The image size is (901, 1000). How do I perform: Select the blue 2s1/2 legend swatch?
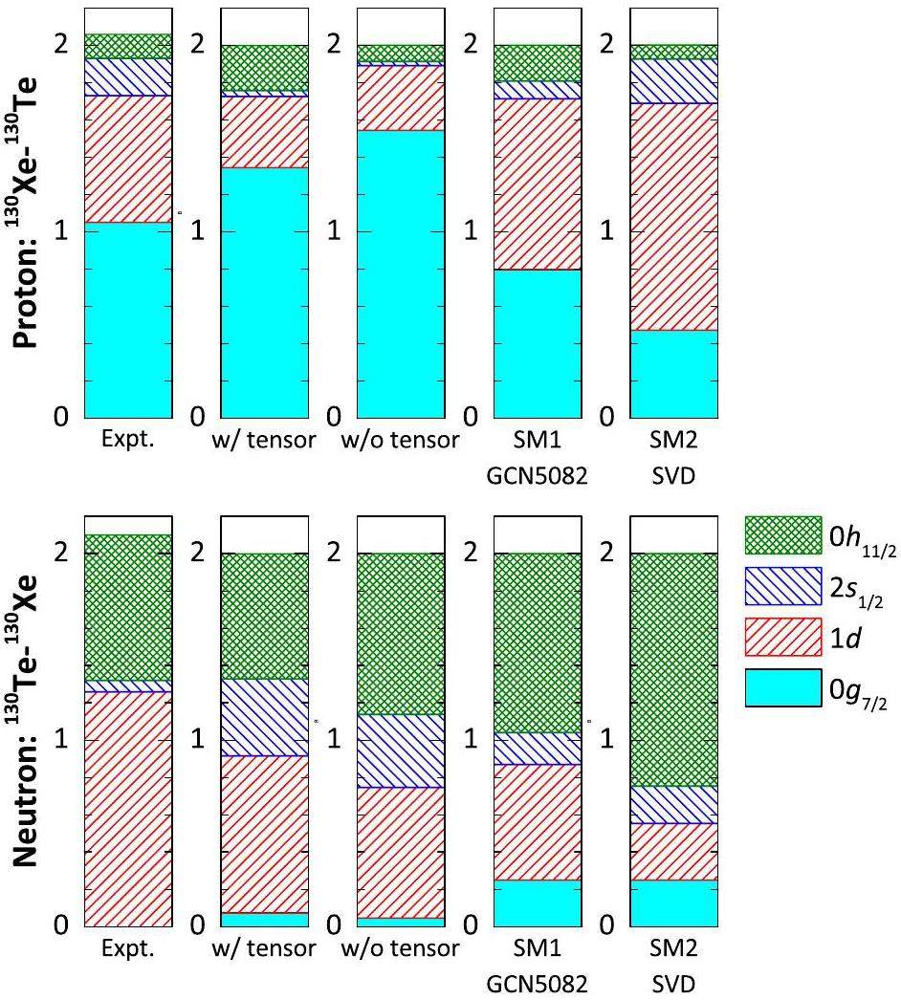tap(783, 586)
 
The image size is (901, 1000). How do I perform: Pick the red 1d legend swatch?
tap(783, 636)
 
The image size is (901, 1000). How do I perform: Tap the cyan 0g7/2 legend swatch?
tap(783, 686)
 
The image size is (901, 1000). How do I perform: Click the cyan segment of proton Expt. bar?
tap(128, 320)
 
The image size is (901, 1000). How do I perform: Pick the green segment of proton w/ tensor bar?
tap(265, 68)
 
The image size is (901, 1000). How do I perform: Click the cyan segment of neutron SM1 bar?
tap(538, 902)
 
